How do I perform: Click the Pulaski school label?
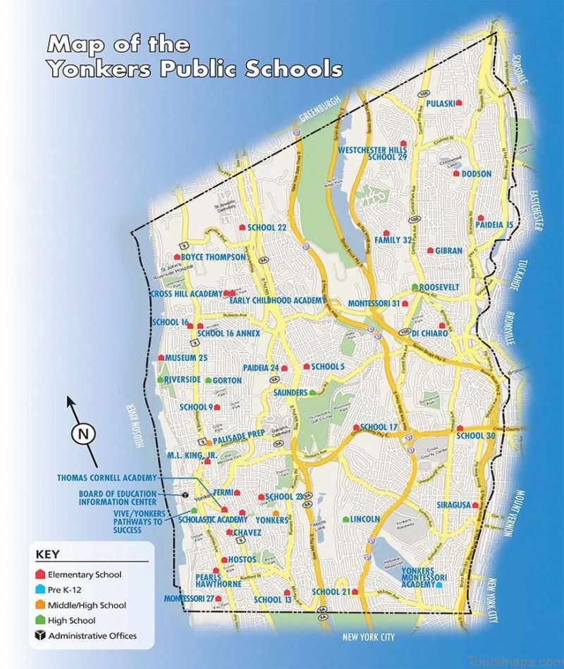tap(439, 102)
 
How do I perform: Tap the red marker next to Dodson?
tap(457, 173)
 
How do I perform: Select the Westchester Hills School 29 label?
tap(373, 153)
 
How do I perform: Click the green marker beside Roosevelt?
tap(415, 288)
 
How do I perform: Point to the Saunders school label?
tap(289, 392)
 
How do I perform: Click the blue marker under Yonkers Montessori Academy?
tap(440, 584)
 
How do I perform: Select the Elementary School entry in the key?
tap(85, 575)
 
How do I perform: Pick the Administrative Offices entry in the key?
tap(92, 636)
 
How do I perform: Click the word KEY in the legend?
tap(47, 554)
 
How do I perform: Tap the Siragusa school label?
tap(453, 505)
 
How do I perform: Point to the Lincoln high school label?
tap(365, 519)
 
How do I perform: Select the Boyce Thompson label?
tap(214, 257)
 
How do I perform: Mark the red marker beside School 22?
tap(242, 227)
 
